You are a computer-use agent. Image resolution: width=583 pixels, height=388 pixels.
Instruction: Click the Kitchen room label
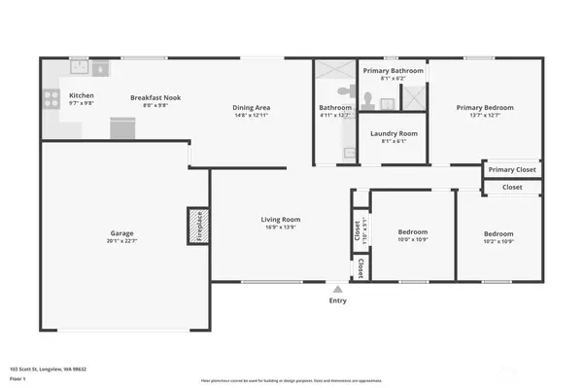82,95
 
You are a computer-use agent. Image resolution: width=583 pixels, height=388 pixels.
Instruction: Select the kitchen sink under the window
80,69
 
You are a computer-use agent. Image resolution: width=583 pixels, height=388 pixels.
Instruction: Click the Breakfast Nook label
156,97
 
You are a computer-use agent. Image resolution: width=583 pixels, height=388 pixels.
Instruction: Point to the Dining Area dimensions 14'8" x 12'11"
251,115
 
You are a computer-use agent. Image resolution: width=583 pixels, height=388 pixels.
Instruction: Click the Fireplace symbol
198,227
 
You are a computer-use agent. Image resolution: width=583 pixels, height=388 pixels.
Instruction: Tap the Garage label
120,233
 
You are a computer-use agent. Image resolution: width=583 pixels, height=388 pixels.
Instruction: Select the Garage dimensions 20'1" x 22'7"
120,241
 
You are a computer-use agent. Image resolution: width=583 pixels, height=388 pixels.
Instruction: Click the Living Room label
280,219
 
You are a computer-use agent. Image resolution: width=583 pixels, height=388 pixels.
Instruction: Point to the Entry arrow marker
338,288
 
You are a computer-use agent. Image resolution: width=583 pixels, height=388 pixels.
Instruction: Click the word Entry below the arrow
338,300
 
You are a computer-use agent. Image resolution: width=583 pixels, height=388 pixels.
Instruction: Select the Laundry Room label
394,132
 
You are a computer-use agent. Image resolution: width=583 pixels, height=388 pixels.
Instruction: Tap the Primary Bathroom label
393,71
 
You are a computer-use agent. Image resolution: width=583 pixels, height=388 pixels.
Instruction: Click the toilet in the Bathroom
369,96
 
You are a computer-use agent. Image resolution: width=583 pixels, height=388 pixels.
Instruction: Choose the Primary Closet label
511,170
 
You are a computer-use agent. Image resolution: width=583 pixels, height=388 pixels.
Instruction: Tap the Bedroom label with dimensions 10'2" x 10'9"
498,233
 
